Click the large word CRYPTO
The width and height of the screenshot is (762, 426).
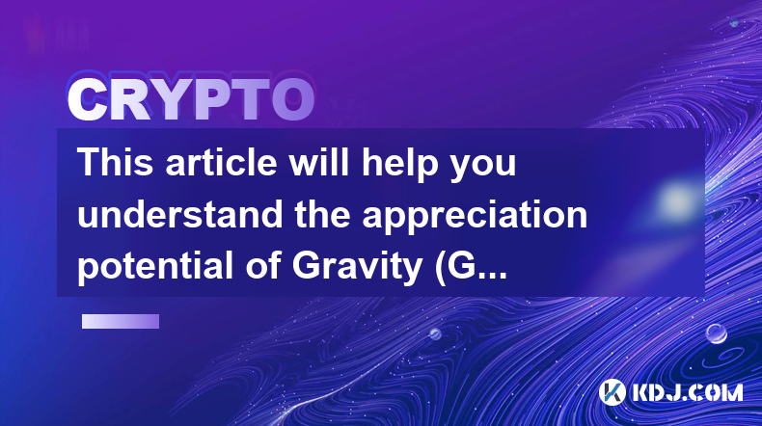click(191, 100)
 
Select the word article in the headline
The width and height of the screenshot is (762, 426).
click(221, 162)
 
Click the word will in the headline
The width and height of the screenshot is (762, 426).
click(319, 162)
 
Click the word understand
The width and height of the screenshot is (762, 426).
click(179, 214)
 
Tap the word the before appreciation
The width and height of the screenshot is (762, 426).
click(322, 214)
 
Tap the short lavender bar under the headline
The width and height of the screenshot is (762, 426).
click(121, 322)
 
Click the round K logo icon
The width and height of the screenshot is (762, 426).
click(612, 392)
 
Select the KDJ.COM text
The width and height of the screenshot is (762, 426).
click(687, 392)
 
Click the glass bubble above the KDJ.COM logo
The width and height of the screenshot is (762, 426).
click(716, 333)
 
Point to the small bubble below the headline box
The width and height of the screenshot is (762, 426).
click(435, 333)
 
